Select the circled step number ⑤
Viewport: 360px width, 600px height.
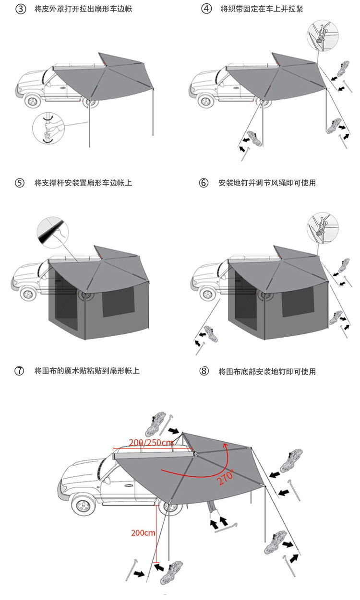tap(20, 183)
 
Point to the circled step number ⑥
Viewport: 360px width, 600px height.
tap(204, 183)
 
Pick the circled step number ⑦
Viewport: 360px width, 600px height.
tap(20, 371)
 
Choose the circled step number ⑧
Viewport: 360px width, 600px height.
tap(204, 371)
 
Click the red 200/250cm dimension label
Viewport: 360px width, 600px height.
tap(151, 442)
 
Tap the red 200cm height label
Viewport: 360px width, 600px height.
tap(143, 533)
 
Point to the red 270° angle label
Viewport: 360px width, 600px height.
tap(227, 477)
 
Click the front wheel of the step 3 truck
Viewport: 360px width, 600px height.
tap(33, 101)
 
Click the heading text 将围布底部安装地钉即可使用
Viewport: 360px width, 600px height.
tap(267, 371)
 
